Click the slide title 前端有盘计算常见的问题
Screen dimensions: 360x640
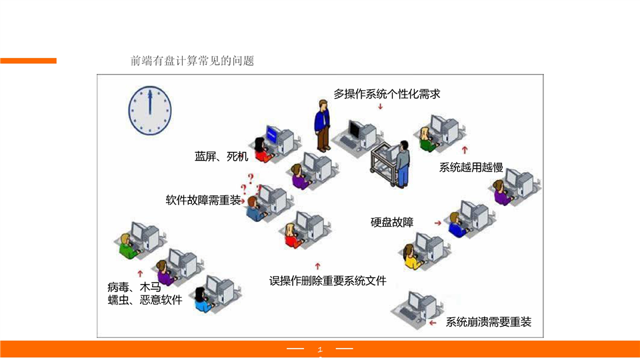(193, 61)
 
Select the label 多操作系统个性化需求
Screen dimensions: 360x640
(387, 94)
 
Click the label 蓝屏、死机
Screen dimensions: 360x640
(221, 157)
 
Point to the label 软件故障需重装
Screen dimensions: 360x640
(203, 200)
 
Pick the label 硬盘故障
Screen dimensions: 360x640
(392, 222)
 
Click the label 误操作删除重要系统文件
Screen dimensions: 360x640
(327, 281)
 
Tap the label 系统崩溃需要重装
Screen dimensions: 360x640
(489, 322)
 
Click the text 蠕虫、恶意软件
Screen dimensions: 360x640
(145, 300)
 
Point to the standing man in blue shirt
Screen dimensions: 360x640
(323, 125)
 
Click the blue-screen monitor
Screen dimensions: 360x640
(271, 134)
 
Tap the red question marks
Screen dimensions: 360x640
(251, 181)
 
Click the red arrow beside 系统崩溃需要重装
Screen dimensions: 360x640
(433, 323)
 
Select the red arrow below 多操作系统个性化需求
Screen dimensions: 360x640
(380, 106)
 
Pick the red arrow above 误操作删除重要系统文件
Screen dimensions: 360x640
(319, 265)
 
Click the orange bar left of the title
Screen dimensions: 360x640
(28, 61)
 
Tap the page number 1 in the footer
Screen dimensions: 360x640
(320, 349)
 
